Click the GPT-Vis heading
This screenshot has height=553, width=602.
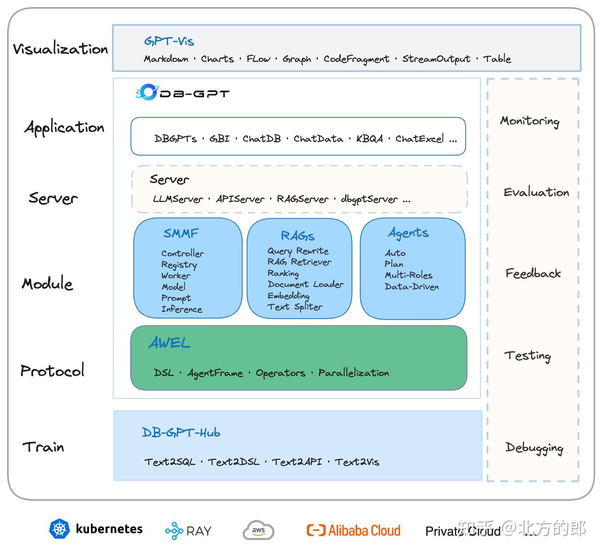coord(169,41)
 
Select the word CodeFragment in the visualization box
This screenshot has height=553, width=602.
coord(356,59)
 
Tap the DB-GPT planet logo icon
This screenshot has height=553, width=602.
coord(147,92)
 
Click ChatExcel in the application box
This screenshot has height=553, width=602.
coord(419,139)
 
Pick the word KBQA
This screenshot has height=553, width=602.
coord(369,139)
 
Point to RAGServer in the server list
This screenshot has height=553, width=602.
coord(302,199)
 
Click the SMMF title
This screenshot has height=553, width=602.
coord(181,233)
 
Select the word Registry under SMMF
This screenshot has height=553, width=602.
coord(179,265)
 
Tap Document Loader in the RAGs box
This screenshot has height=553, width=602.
coord(306,284)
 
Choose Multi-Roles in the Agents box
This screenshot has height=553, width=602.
coord(408,275)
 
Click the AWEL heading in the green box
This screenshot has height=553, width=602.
coord(169,343)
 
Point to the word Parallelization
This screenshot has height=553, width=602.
coord(354,373)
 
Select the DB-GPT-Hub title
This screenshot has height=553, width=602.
coord(181,433)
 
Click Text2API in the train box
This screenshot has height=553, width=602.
coord(297,462)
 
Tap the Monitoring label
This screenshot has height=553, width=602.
coord(530,121)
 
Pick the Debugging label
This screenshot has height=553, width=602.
coord(534,448)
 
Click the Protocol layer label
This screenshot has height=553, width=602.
coord(52,370)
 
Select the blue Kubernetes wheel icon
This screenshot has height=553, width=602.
coord(59,529)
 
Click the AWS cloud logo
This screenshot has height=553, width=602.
coord(258,530)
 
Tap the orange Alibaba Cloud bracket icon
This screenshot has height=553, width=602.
coord(316,531)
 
